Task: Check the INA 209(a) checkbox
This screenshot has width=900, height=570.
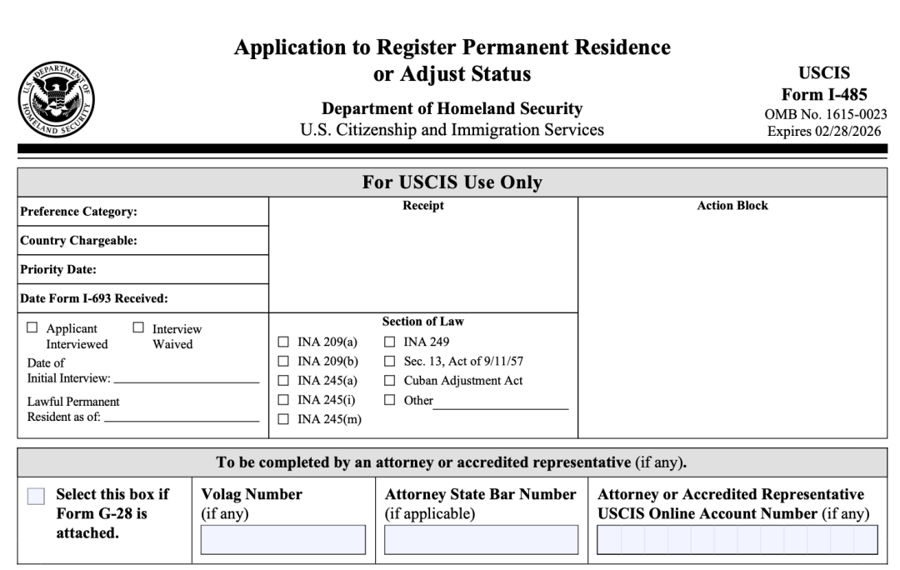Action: coord(282,341)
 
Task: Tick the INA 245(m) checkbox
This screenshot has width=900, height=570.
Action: coord(282,418)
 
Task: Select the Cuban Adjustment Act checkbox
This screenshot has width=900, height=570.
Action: coord(389,380)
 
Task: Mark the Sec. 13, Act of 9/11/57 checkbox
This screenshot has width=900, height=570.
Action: coord(389,361)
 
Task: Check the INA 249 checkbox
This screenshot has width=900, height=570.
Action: coord(389,341)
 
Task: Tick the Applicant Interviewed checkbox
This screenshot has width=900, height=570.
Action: coord(32,328)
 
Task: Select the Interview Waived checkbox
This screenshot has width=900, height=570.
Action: coord(138,328)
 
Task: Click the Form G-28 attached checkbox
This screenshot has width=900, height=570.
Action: coord(36,497)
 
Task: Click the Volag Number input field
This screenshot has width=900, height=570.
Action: coord(282,539)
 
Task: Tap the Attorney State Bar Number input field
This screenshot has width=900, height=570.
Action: coord(481,539)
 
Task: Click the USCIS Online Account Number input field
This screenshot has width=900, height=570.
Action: coord(737,539)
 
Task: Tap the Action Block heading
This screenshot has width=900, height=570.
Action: coord(732,206)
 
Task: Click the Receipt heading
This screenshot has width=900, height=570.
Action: coord(423,206)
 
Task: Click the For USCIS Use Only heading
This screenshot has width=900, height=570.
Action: coord(452,182)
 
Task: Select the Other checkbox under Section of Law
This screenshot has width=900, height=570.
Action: coord(389,400)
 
